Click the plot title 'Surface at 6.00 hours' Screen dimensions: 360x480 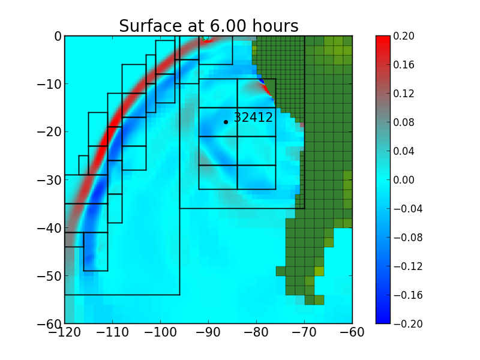pos(208,26)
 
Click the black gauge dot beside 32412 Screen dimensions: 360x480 pos(226,122)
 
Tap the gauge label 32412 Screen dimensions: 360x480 pos(253,118)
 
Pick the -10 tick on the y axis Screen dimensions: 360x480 pos(50,84)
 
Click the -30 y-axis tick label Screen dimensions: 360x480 pos(50,180)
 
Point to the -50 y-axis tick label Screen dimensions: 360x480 pos(50,276)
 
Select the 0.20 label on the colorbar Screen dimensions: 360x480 pos(404,36)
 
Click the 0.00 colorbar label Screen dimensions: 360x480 pos(404,180)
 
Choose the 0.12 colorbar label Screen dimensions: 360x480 pos(404,94)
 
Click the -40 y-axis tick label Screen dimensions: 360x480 pos(50,228)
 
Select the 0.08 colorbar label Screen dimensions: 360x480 pos(404,122)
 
